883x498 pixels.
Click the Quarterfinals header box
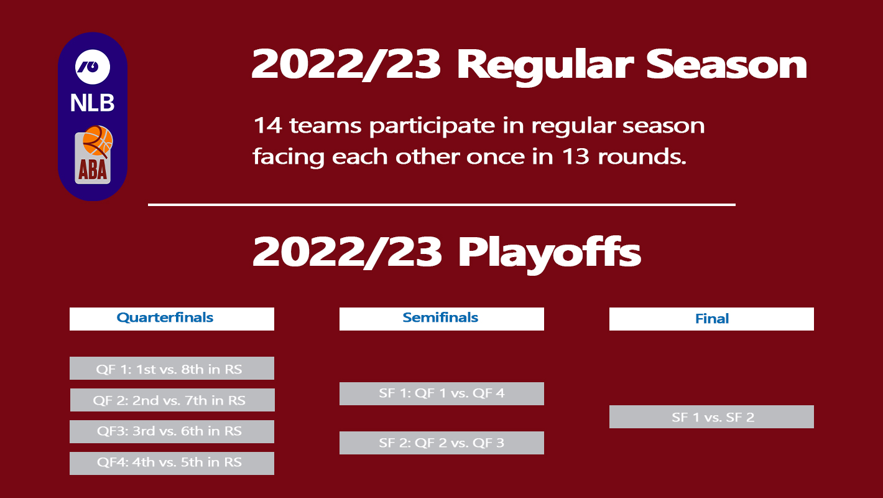172,319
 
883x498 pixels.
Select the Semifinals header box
441,319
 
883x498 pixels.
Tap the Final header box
711,319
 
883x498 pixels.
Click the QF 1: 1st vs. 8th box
172,368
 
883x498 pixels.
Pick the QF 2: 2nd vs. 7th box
172,400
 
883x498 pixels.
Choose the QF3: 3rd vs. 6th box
172,431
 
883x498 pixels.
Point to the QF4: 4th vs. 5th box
172,463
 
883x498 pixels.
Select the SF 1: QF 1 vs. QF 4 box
441,393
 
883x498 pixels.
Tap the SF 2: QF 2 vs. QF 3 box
441,443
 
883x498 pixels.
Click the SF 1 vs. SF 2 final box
711,416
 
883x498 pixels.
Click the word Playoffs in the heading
550,253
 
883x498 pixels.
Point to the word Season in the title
726,64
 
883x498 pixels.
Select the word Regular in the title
545,66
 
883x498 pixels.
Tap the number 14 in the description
267,125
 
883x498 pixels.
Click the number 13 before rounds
575,156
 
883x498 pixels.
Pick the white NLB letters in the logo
93,103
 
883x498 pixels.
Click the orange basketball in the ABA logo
98,141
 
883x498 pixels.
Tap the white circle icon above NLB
93,67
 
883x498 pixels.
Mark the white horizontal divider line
442,205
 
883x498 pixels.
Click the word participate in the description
432,127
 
